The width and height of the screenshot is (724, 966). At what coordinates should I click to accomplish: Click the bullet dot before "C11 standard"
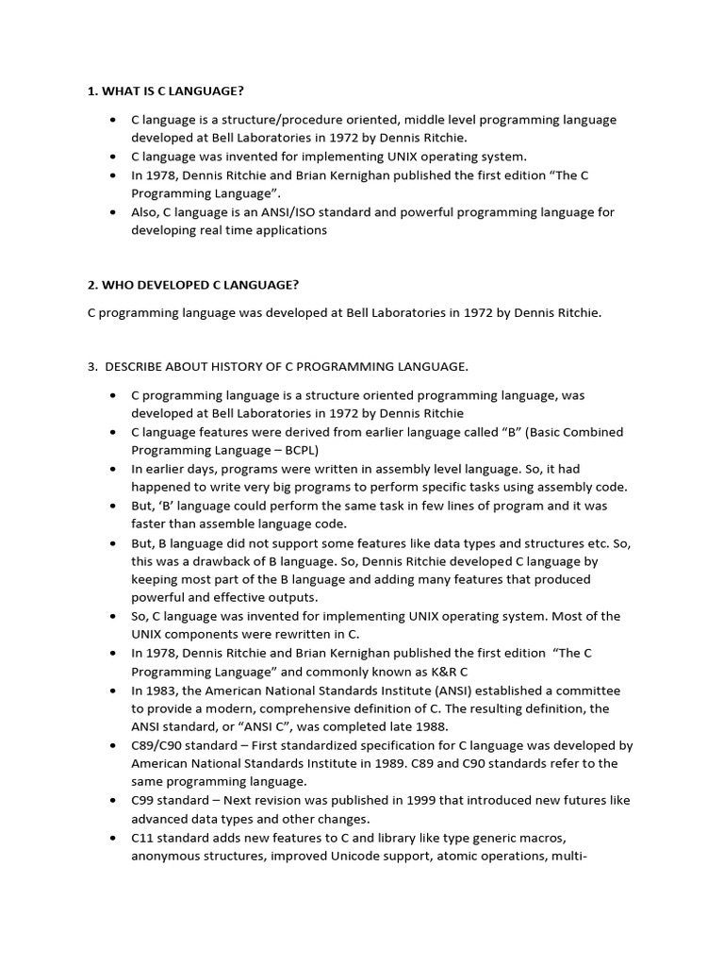point(112,837)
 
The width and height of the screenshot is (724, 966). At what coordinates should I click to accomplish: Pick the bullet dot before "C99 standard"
point(112,800)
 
